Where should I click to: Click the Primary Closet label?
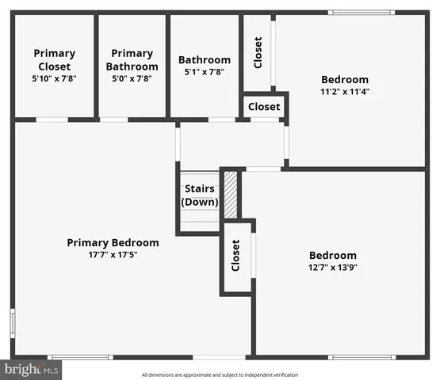point(54,59)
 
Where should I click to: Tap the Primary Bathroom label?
point(132,59)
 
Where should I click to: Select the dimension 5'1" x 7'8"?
point(205,72)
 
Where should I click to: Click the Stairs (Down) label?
point(200,196)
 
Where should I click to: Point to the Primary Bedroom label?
point(113,242)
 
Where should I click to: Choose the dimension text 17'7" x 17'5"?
point(113,254)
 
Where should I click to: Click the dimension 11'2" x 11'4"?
point(345,91)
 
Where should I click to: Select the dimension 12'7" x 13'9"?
point(332,268)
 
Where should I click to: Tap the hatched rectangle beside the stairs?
point(230,195)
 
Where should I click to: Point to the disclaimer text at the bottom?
point(220,374)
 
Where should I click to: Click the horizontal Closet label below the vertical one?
point(264,107)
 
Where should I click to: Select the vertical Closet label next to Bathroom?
point(258,52)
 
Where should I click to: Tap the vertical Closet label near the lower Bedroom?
point(235,255)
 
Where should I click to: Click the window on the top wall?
point(362,12)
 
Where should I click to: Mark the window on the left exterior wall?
point(13,323)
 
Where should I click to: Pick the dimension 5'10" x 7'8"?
point(54,79)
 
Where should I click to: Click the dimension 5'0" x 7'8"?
point(132,79)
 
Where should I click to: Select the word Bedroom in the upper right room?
point(345,79)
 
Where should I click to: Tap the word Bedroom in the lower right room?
point(332,255)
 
